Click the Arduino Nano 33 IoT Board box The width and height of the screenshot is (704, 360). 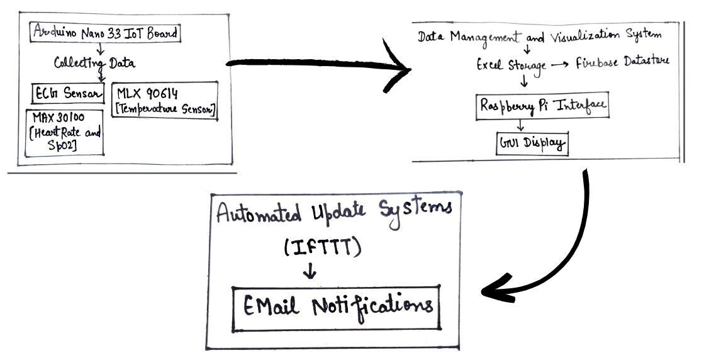(105, 32)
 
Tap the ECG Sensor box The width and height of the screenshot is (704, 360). (68, 93)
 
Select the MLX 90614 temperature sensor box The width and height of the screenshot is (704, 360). (164, 101)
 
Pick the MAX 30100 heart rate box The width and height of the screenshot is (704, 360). (64, 133)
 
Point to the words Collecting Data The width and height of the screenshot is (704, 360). (94, 63)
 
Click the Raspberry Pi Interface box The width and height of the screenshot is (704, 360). (542, 106)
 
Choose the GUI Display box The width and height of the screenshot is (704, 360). (532, 143)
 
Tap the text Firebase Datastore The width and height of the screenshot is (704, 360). (622, 62)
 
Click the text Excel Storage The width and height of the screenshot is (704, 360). (511, 65)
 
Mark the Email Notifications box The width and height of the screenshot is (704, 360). (336, 308)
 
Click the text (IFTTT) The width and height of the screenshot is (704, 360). (322, 247)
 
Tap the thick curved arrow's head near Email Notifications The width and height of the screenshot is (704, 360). (496, 290)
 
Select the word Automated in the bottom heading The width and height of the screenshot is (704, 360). (259, 213)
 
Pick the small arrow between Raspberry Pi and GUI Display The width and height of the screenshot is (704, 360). (520, 125)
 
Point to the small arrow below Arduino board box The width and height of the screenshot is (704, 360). (99, 48)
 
